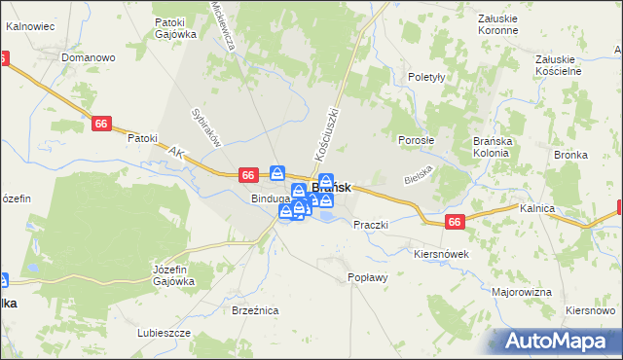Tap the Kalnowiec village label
coord(28,26)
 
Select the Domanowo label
coord(89,57)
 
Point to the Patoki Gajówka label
coord(175,27)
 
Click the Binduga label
coord(270,198)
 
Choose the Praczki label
coord(370,225)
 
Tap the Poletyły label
coord(427,77)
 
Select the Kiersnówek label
coord(441,254)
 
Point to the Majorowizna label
coord(522,292)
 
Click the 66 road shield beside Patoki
coord(102,123)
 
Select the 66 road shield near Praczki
coord(455,223)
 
